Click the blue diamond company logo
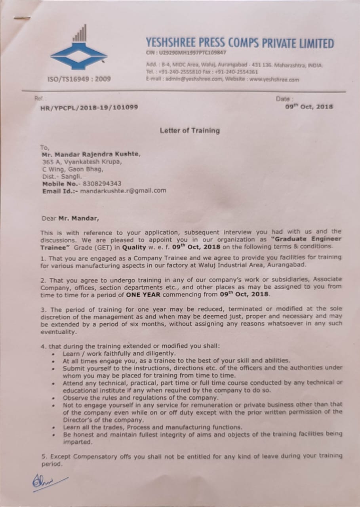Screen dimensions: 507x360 click(78, 55)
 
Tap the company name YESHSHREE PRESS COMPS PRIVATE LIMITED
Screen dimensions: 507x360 click(240, 43)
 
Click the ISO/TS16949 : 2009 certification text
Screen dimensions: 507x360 click(79, 79)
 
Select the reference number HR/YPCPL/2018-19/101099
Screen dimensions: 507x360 click(89, 107)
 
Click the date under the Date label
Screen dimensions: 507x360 click(309, 106)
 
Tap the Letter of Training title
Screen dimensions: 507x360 click(189, 130)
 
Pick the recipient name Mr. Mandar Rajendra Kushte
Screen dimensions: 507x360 click(91, 154)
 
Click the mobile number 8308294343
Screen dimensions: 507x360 click(102, 184)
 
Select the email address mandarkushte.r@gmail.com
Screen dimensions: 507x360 click(123, 191)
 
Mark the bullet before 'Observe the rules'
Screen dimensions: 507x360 click(53, 398)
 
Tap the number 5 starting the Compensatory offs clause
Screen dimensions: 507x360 click(43, 456)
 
